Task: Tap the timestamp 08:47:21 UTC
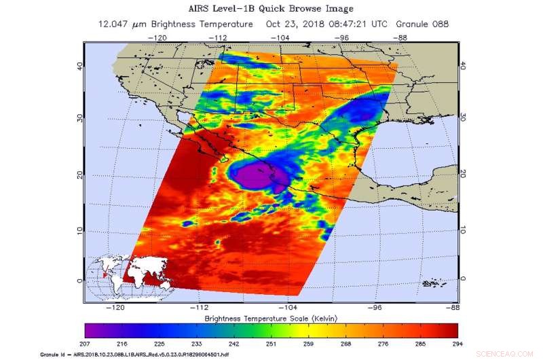(360, 24)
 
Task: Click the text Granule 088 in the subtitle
(422, 24)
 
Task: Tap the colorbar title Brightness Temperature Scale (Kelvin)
(271, 318)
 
